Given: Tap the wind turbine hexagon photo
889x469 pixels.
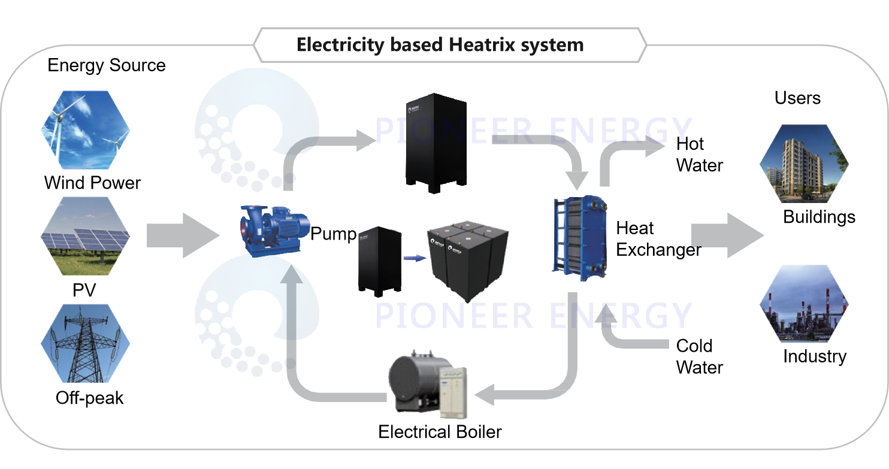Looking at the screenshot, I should [x=85, y=129].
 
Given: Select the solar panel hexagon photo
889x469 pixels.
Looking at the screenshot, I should [x=85, y=235].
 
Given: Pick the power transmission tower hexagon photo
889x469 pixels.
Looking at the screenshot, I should [x=85, y=343].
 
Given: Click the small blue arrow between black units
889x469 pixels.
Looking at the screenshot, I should [x=414, y=258].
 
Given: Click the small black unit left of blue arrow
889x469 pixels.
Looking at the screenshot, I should [x=379, y=260].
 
